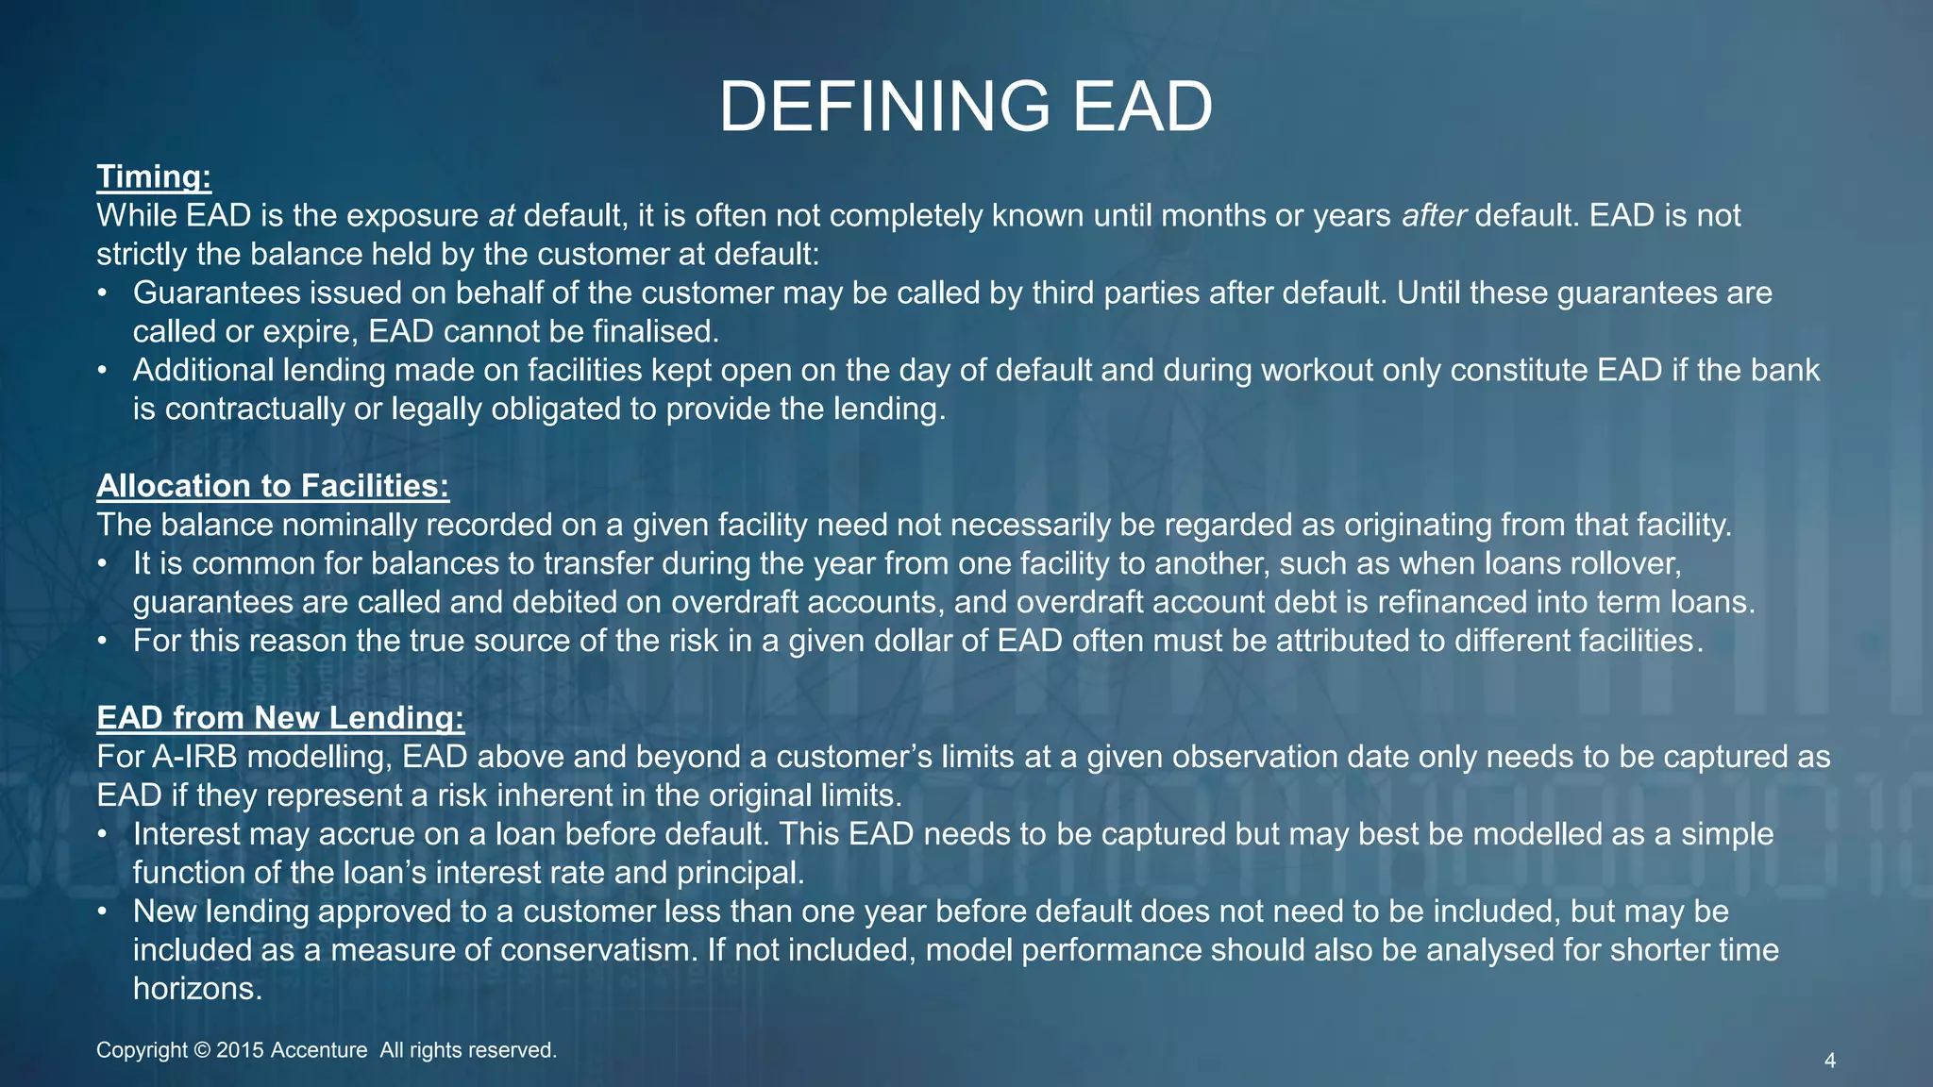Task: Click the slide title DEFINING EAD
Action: pos(966,107)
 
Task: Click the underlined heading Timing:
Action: pos(154,176)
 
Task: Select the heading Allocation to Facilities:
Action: pos(273,485)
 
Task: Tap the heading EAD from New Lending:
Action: pos(280,717)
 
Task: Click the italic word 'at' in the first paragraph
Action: pos(501,216)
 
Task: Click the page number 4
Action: pos(1829,1061)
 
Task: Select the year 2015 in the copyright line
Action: pos(240,1050)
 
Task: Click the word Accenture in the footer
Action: pos(319,1050)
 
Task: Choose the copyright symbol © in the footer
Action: pos(201,1050)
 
